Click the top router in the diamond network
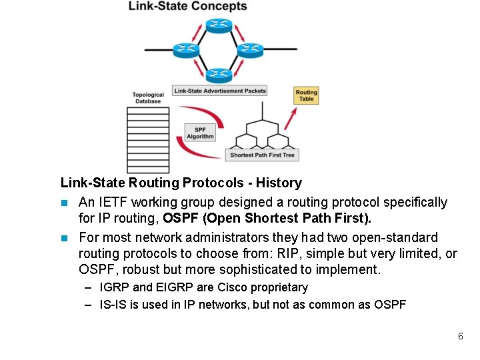[x=217, y=26]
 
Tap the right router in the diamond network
[x=250, y=49]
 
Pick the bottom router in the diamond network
[x=217, y=74]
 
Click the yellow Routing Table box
[x=306, y=95]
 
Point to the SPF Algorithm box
[x=200, y=133]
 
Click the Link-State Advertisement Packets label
[x=219, y=91]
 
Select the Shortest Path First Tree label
[x=262, y=155]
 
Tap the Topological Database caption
[x=148, y=98]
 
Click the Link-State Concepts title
[x=187, y=7]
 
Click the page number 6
[x=460, y=336]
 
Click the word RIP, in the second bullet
[x=346, y=254]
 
